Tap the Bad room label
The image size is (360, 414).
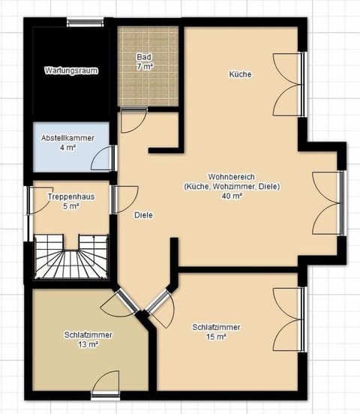tap(143, 57)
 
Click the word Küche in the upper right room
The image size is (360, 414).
tap(240, 74)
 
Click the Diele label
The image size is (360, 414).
tap(143, 215)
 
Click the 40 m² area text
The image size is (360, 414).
tap(231, 196)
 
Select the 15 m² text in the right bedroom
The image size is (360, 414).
tap(215, 337)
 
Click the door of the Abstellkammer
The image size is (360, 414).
tap(107, 158)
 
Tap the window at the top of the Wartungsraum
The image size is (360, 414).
tap(84, 22)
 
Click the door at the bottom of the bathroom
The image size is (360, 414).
tap(133, 120)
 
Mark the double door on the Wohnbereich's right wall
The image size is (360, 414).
tap(327, 202)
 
